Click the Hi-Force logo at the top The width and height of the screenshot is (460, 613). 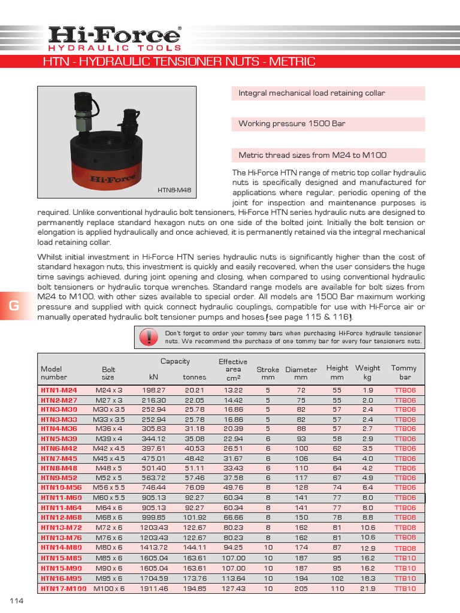point(114,38)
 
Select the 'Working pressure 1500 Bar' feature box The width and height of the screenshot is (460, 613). point(328,124)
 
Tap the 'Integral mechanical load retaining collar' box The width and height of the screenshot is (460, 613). point(328,93)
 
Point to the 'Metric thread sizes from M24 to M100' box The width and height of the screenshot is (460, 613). point(328,155)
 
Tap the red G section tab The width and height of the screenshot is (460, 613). point(14,306)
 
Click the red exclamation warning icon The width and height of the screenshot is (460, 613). point(146,338)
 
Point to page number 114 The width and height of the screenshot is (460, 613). point(16,600)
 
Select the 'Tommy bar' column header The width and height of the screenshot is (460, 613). point(404,372)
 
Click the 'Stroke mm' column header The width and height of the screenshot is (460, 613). point(268,374)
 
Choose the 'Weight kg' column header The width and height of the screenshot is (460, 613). point(368,372)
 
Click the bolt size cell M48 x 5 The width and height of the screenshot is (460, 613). point(108,468)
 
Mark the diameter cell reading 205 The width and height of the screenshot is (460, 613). point(301,589)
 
